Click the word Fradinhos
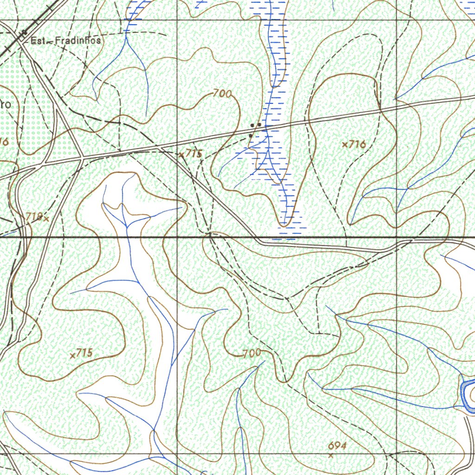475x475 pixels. tap(77, 41)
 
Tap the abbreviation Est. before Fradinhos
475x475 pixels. tap(38, 41)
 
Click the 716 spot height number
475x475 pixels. tap(358, 145)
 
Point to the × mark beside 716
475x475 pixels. tap(345, 145)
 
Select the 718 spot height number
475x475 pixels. tap(33, 216)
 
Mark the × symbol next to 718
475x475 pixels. tap(45, 218)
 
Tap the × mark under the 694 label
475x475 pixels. tap(331, 456)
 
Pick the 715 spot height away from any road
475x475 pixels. tap(84, 353)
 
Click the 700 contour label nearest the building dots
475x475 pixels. tap(223, 94)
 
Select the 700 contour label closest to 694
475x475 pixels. tap(252, 353)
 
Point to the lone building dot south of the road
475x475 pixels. tap(250, 136)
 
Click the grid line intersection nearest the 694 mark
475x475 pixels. tap(397, 454)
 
